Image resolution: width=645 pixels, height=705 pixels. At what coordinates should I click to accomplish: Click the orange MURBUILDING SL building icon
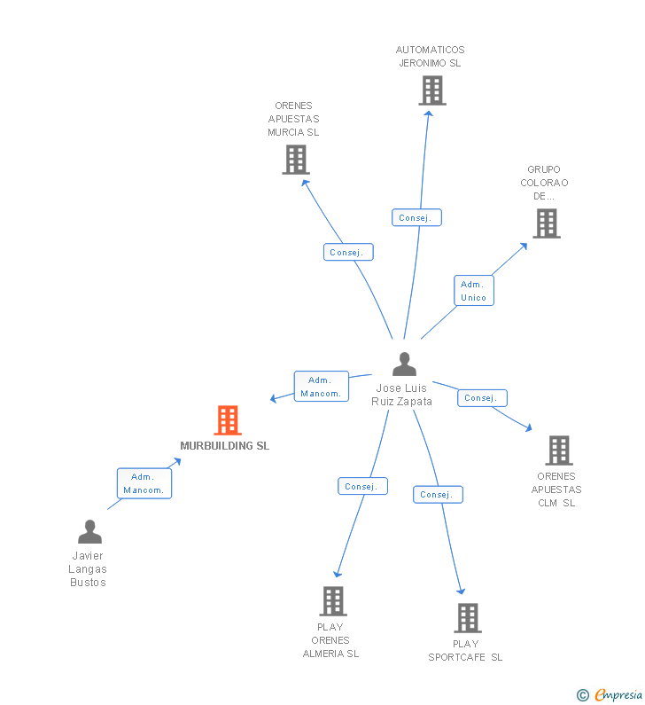[228, 420]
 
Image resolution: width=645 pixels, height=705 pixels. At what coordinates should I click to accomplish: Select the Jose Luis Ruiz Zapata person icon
[404, 364]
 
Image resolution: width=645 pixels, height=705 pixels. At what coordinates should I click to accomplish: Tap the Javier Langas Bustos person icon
[89, 532]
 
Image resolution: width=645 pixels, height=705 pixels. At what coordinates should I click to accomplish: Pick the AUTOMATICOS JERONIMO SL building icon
[431, 90]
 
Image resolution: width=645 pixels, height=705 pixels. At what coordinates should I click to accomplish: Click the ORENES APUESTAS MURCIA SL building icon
[295, 160]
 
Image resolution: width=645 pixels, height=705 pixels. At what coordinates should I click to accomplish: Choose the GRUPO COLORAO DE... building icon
[547, 223]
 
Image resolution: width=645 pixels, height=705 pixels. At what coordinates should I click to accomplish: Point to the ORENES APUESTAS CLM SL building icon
[558, 450]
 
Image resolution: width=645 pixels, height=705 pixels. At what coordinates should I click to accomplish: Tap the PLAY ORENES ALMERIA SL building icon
[332, 601]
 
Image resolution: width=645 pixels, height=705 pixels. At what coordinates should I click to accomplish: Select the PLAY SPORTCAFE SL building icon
[467, 618]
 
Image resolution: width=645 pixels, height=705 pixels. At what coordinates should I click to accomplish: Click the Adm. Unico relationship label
[474, 291]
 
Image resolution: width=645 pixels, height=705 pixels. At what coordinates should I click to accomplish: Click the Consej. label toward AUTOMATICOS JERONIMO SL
[416, 217]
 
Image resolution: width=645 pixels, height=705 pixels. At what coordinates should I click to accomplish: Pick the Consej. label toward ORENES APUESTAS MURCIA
[348, 252]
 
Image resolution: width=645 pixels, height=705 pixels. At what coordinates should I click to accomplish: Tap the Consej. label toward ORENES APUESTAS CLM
[482, 398]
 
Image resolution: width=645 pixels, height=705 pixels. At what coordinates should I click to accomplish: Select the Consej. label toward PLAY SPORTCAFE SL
[438, 494]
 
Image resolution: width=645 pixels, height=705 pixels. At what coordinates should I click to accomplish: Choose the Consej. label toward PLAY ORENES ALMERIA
[362, 486]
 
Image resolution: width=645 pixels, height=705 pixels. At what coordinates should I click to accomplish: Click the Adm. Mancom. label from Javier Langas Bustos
[144, 483]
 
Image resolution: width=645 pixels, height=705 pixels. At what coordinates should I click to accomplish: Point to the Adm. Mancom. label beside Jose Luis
[321, 387]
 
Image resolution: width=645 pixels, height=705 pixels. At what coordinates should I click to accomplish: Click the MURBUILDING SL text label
[225, 446]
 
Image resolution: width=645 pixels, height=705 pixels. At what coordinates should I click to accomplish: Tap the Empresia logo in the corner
[618, 695]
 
